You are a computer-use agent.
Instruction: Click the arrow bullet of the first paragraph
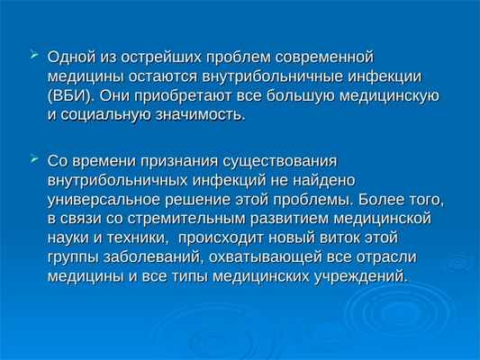point(34,56)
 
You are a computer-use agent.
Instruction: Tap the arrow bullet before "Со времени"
point(34,159)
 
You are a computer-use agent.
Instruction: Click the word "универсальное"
point(103,199)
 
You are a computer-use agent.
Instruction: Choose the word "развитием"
point(281,219)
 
